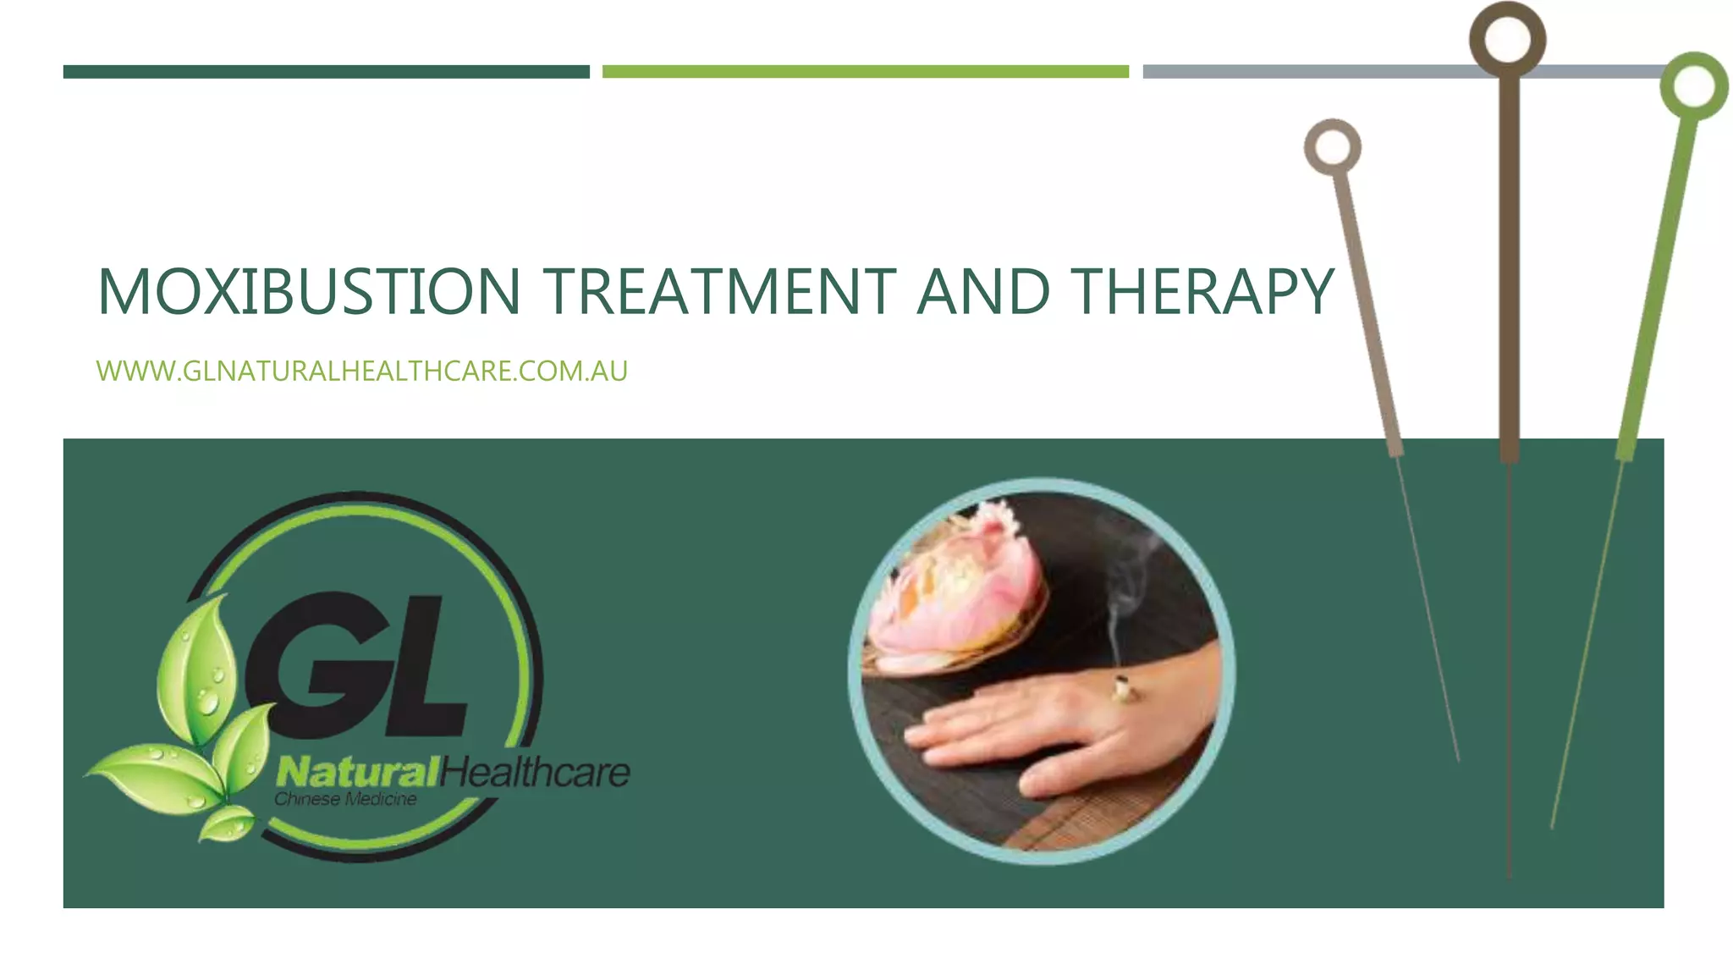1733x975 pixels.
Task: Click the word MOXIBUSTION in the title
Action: coord(309,292)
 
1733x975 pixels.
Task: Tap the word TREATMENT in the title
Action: coord(719,292)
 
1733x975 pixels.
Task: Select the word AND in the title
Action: coord(983,292)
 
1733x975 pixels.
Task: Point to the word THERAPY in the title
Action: coord(1202,292)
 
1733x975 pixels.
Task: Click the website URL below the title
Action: coord(362,372)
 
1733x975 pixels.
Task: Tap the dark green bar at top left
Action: coord(326,72)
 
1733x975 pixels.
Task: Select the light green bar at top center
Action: coord(865,72)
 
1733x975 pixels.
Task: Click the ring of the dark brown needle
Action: coord(1507,40)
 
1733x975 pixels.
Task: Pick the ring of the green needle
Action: coord(1693,85)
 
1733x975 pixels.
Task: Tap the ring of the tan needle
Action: coord(1333,147)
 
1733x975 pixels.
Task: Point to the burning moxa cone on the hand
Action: coord(1124,690)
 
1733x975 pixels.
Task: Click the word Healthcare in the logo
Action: coord(535,772)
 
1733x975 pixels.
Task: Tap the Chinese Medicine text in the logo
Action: coord(345,799)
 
